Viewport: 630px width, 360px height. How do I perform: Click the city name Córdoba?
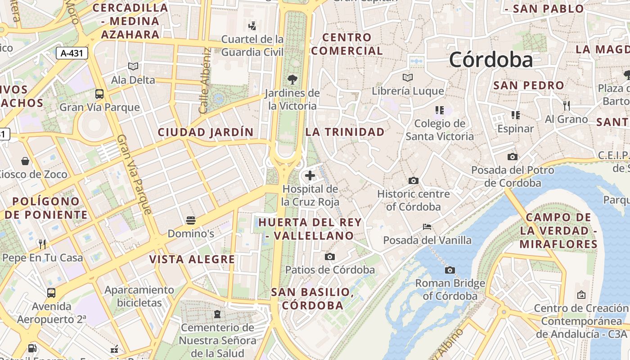[x=490, y=60]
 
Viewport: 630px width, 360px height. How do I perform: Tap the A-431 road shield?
[x=72, y=53]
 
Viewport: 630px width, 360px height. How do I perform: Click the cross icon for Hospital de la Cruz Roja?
[x=310, y=175]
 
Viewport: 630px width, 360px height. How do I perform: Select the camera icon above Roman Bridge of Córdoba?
[x=450, y=270]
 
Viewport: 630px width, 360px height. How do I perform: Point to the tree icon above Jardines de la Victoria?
[x=292, y=80]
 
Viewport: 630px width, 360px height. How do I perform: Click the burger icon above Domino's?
[x=191, y=220]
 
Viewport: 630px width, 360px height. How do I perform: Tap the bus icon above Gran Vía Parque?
[x=99, y=94]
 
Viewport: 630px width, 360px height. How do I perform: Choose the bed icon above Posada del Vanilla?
[x=427, y=227]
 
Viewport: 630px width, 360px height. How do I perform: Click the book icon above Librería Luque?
[x=408, y=77]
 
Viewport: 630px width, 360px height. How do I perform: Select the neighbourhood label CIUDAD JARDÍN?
[x=206, y=132]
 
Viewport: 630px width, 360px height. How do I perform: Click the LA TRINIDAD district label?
[x=345, y=132]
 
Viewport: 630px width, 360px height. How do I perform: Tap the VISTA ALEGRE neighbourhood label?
[x=192, y=259]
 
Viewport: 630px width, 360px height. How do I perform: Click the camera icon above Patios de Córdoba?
[x=330, y=256]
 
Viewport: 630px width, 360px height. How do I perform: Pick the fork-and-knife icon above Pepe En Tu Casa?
[x=42, y=244]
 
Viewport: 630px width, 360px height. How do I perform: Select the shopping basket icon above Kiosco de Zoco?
[x=25, y=161]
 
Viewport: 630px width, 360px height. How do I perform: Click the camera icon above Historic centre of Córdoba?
[x=413, y=181]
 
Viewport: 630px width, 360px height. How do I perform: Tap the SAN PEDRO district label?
[x=528, y=85]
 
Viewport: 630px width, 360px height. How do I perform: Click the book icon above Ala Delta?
[x=133, y=67]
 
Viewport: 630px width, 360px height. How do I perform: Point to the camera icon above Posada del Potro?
[x=512, y=157]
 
